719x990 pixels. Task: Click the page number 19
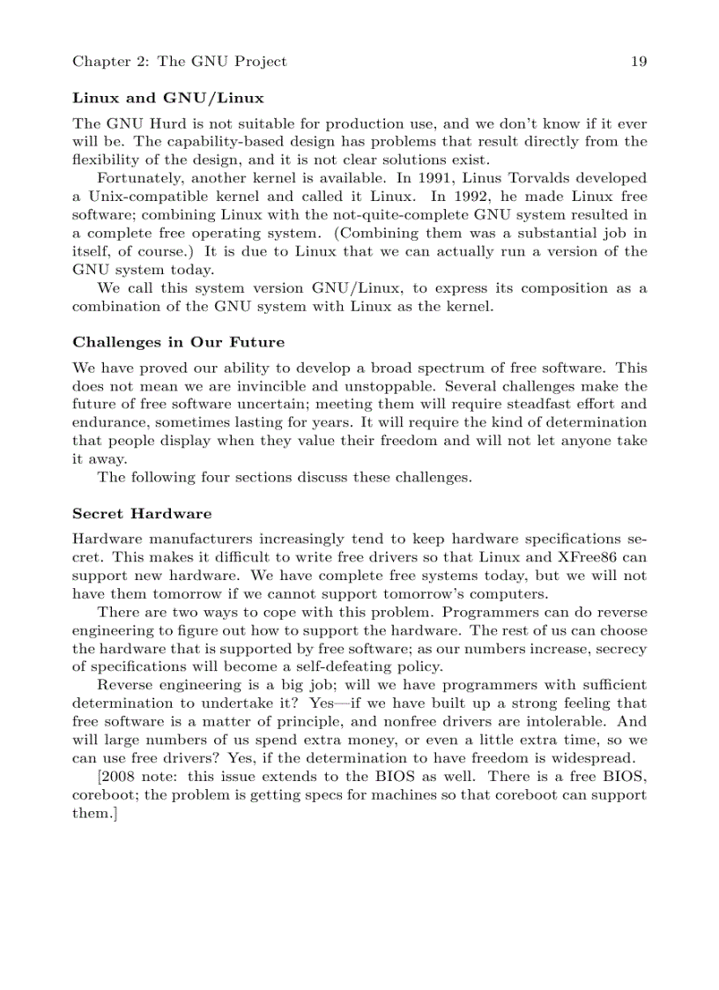tap(639, 62)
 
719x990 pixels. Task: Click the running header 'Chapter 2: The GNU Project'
tap(179, 62)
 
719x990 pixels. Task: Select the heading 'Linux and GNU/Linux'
tap(167, 98)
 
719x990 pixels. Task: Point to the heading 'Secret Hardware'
tap(142, 513)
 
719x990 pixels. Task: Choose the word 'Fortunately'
tap(141, 178)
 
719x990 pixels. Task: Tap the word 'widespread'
tap(592, 758)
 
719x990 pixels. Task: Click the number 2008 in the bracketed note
tap(123, 777)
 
